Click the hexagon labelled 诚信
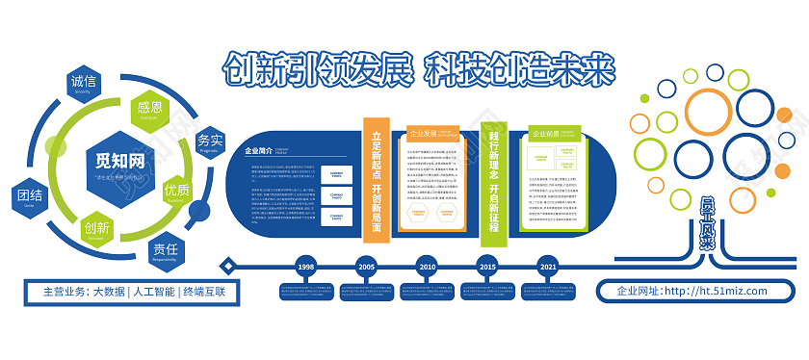click(x=84, y=84)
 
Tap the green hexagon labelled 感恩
click(x=149, y=109)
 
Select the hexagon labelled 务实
click(x=209, y=142)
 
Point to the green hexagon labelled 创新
click(x=96, y=229)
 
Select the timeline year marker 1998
click(x=305, y=266)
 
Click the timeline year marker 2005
click(x=366, y=266)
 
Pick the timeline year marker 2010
click(x=427, y=266)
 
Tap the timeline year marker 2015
click(x=487, y=266)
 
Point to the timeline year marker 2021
click(x=548, y=266)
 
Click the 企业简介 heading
click(x=260, y=151)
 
